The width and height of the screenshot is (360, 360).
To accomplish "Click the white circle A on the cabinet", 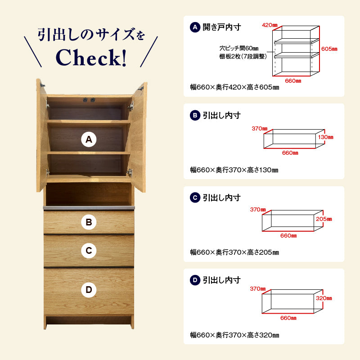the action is click(89, 139).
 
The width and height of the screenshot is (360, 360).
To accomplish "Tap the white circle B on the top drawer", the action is click(89, 222).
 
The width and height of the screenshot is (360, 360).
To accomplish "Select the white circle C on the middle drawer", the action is click(89, 251).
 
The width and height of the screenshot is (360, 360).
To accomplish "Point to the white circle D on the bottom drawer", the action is click(89, 290).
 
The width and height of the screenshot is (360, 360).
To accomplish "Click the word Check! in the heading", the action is click(91, 58).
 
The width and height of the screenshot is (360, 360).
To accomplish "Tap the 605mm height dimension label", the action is click(329, 49).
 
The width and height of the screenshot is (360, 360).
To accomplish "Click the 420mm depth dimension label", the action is click(270, 25).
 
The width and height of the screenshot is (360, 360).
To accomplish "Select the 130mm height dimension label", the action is click(325, 137).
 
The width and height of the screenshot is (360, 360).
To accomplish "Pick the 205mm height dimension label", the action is click(324, 219).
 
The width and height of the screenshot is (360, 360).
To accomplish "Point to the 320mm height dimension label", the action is click(324, 298).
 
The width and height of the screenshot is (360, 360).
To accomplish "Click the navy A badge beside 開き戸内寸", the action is click(195, 27).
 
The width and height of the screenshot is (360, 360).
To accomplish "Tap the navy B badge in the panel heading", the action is click(195, 115).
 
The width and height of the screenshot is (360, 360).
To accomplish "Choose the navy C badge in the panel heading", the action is click(195, 198).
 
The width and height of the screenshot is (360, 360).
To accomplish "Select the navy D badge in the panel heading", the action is click(195, 280).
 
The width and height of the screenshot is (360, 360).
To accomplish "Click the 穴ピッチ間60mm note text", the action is click(239, 49).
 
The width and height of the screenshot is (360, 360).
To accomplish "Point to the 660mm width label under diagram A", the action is click(293, 81).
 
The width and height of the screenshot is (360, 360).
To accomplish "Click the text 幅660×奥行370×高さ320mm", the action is click(234, 335).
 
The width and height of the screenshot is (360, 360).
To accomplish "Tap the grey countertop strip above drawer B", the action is click(89, 208).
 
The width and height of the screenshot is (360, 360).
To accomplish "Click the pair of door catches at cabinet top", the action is click(89, 100).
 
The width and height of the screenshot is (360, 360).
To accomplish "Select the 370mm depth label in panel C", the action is click(258, 209).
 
